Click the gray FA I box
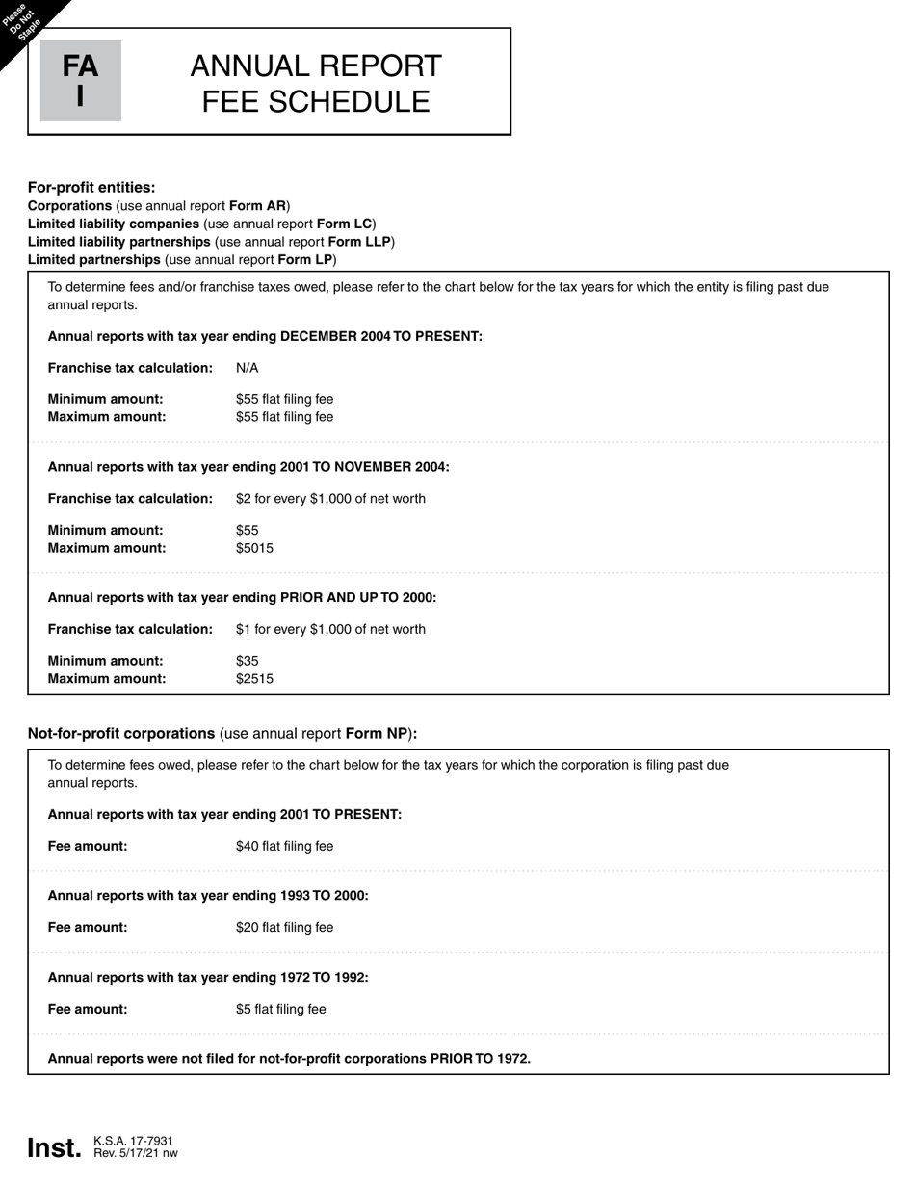pos(80,81)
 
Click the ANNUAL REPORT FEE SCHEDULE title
pos(316,84)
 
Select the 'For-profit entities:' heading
pos(91,187)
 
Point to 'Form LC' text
pos(344,224)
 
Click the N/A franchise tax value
pos(248,368)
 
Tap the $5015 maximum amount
pos(254,548)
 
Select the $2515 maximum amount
pos(254,678)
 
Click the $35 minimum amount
pos(248,661)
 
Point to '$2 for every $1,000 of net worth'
pos(330,498)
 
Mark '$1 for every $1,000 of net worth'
pos(330,629)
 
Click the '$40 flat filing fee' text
pos(284,846)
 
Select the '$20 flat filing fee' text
pos(284,927)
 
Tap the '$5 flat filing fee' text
pos(280,1009)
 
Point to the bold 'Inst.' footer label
pos(55,1147)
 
